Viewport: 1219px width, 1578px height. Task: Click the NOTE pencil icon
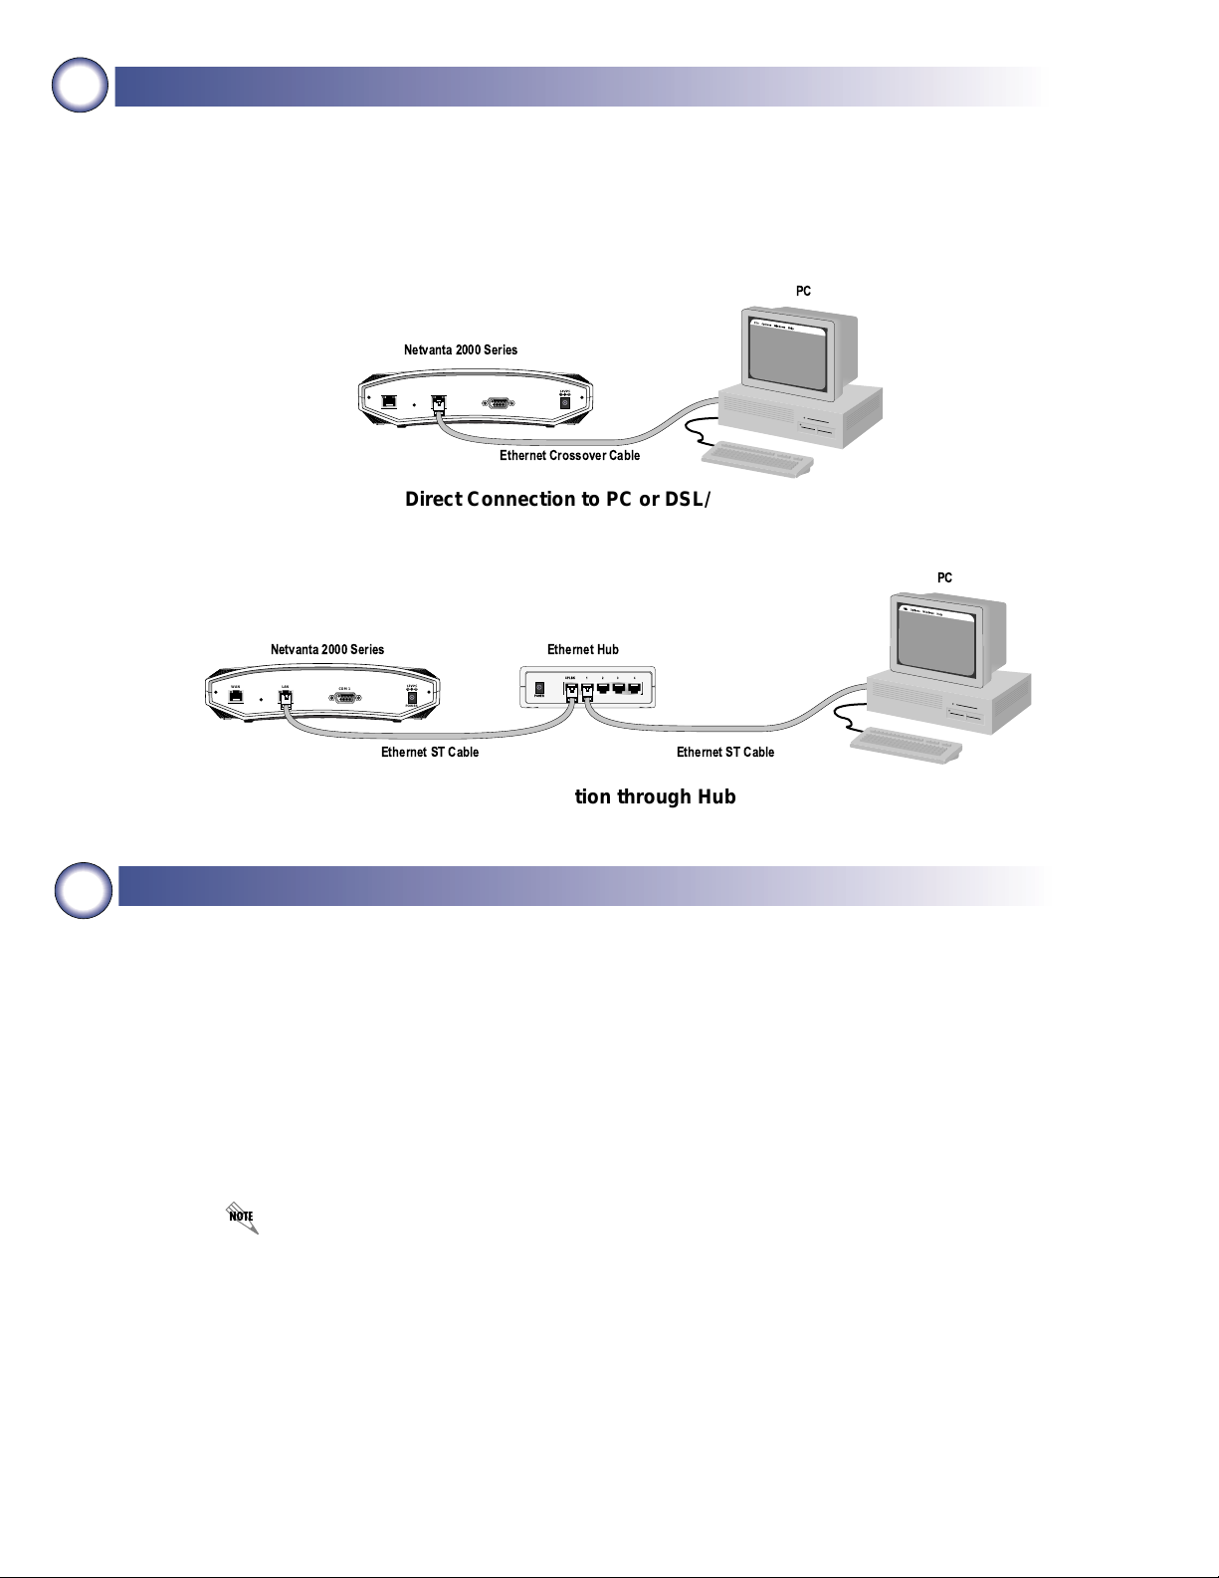coord(242,1217)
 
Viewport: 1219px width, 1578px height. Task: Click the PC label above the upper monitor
coord(803,291)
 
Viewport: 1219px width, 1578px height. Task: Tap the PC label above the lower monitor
coord(944,577)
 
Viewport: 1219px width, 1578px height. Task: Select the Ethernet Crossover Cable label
coord(569,455)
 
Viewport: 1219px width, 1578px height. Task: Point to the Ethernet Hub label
coord(582,649)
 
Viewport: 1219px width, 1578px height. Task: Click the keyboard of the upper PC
coord(757,459)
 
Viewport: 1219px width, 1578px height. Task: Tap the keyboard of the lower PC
coord(906,745)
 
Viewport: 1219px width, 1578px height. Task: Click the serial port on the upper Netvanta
coord(499,402)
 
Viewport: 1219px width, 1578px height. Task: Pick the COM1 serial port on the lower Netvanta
coord(345,697)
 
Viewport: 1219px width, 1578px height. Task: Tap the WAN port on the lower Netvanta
coord(236,696)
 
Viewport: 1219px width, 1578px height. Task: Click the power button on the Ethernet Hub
coord(540,688)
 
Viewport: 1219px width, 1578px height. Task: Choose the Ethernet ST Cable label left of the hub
coord(430,752)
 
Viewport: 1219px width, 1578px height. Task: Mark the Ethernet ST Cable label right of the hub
coord(724,752)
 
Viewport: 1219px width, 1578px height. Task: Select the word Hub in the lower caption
coord(715,796)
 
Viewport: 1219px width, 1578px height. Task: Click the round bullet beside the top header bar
coord(81,86)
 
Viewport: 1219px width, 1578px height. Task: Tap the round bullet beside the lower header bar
coord(84,889)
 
